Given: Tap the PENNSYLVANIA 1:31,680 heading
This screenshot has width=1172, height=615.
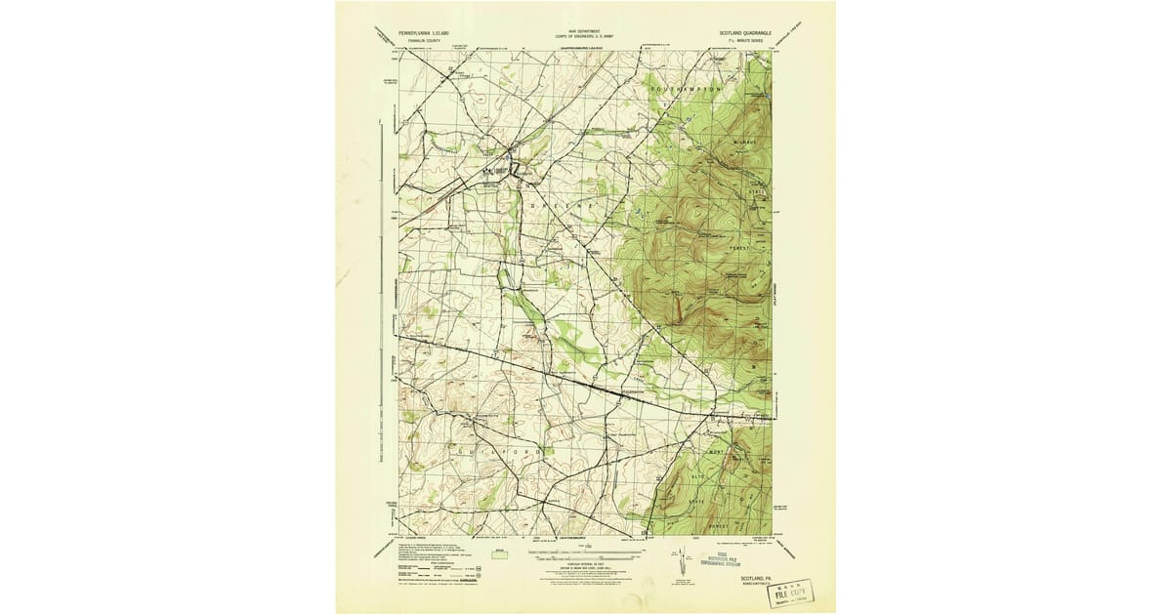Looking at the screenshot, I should pos(426,32).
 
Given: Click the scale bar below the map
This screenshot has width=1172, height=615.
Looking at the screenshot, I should pos(585,553).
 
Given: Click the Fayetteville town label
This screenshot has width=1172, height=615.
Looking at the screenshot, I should pos(627,393).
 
